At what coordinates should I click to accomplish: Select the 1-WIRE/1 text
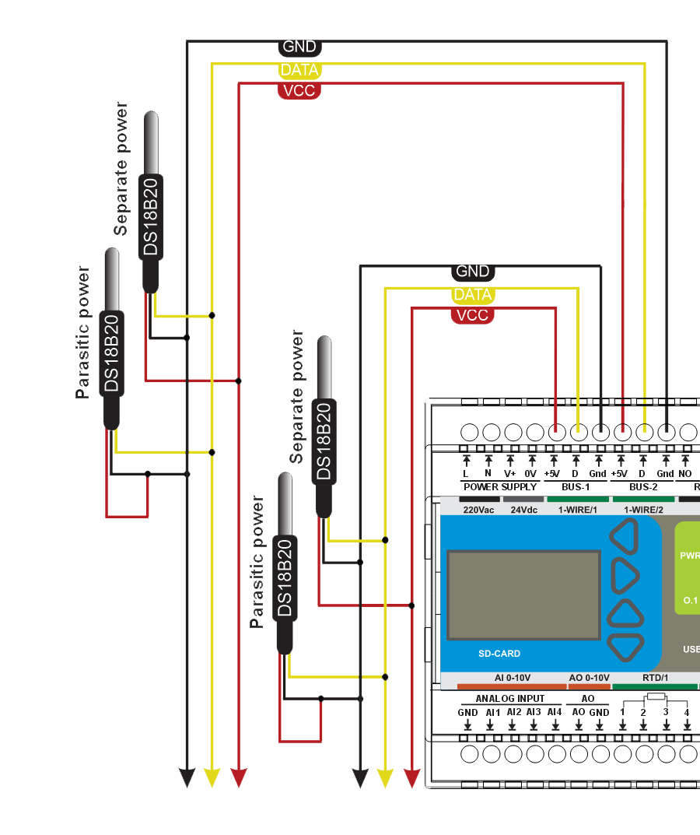pyautogui.click(x=577, y=510)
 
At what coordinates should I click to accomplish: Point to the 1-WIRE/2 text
pyautogui.click(x=643, y=510)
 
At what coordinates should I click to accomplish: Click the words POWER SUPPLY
pyautogui.click(x=500, y=487)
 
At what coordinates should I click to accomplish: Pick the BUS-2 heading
pyautogui.click(x=643, y=487)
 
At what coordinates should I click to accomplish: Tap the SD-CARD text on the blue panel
pyautogui.click(x=499, y=654)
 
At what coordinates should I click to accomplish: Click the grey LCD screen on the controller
pyautogui.click(x=523, y=594)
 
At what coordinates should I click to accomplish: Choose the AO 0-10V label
pyautogui.click(x=589, y=678)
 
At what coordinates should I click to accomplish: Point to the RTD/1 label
pyautogui.click(x=655, y=678)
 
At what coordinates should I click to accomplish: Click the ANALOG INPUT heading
pyautogui.click(x=510, y=699)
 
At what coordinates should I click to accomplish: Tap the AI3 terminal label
pyautogui.click(x=533, y=712)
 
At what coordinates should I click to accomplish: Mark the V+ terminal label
pyautogui.click(x=510, y=474)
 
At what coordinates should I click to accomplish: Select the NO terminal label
pyautogui.click(x=685, y=474)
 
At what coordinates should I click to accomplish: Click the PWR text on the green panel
pyautogui.click(x=689, y=556)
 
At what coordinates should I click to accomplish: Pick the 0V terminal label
pyautogui.click(x=531, y=474)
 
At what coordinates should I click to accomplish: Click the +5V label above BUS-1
pyautogui.click(x=552, y=474)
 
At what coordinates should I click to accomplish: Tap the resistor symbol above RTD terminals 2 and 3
pyautogui.click(x=655, y=697)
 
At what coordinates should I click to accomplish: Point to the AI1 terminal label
pyautogui.click(x=492, y=712)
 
